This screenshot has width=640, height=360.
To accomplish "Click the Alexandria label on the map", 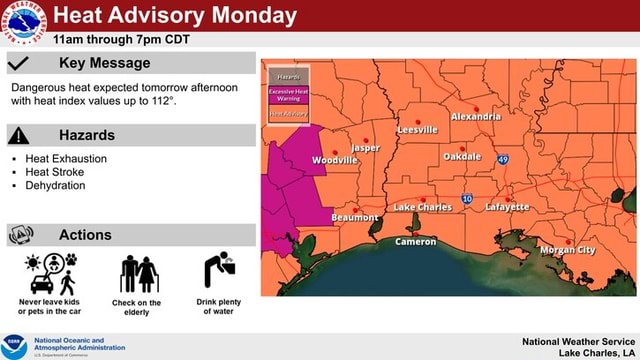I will pyautogui.click(x=476, y=117).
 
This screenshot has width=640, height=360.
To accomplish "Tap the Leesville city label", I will pyautogui.click(x=417, y=130).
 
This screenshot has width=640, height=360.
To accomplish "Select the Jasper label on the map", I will pyautogui.click(x=366, y=148).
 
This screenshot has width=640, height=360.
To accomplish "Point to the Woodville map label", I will pyautogui.click(x=335, y=160).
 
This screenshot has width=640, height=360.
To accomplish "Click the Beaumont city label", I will pyautogui.click(x=355, y=217).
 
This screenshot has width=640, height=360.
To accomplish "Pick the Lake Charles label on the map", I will pyautogui.click(x=422, y=207).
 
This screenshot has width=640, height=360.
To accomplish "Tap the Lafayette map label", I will pyautogui.click(x=507, y=207).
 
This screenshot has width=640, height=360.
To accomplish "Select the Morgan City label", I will pyautogui.click(x=567, y=249).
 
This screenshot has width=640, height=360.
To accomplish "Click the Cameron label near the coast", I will pyautogui.click(x=415, y=242).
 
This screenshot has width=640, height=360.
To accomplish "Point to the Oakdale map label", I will pyautogui.click(x=462, y=157).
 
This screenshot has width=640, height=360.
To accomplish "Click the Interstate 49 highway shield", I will pyautogui.click(x=503, y=160).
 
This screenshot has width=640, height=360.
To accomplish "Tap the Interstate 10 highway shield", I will pyautogui.click(x=468, y=200).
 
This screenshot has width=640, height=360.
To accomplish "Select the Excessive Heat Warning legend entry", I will pyautogui.click(x=288, y=94).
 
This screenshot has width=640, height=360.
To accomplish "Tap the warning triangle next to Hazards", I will pyautogui.click(x=20, y=135).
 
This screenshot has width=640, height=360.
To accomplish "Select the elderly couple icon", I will pyautogui.click(x=137, y=273).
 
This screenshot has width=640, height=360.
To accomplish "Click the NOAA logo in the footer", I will pyautogui.click(x=15, y=346).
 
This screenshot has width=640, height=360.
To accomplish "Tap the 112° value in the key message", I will pyautogui.click(x=162, y=101).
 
